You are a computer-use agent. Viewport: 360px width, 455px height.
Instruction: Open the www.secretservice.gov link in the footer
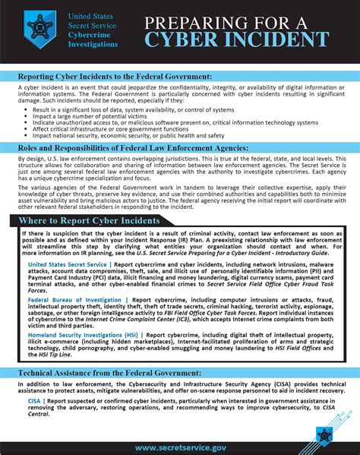179,447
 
